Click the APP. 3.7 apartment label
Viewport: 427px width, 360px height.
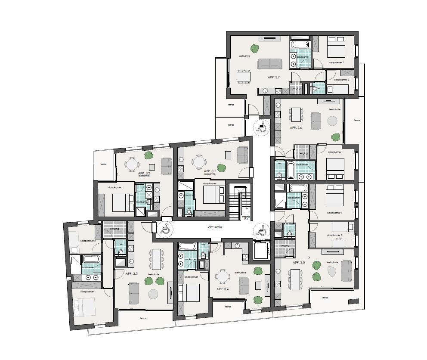point(274,77)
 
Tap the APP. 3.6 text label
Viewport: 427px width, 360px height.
point(296,128)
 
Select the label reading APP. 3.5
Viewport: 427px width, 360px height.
point(299,262)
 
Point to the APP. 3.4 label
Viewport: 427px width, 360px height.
point(223,289)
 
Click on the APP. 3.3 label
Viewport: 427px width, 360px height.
point(132,273)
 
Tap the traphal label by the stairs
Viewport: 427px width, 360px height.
point(246,217)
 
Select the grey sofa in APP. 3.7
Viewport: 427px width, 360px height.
point(269,64)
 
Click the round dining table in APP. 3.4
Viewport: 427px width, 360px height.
point(223,276)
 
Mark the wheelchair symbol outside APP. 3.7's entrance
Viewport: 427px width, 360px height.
point(261,127)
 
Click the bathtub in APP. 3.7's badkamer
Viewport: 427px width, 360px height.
point(300,45)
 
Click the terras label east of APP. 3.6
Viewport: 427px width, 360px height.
point(357,120)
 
